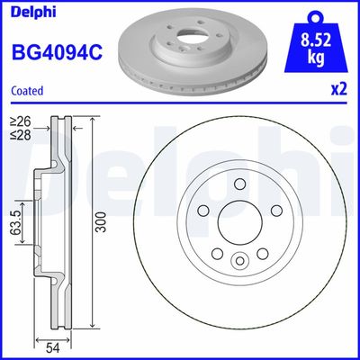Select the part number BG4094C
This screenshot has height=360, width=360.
pos(55,53)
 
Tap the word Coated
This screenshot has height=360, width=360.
pos(28,90)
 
